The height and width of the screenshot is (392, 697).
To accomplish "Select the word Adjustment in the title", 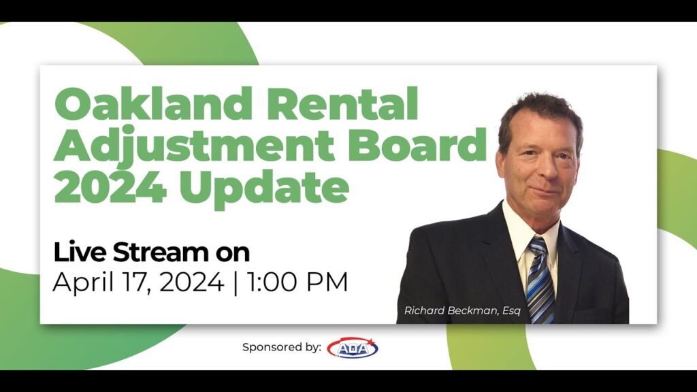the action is (x=194, y=145).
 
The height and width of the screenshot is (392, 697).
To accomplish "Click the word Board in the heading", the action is (x=418, y=144).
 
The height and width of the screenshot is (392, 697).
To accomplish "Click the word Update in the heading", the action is (x=265, y=189).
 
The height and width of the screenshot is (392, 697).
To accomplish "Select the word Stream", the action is (x=161, y=252).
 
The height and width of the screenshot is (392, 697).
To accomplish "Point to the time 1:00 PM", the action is (x=297, y=282).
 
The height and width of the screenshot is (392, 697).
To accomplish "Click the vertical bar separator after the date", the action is (x=235, y=282).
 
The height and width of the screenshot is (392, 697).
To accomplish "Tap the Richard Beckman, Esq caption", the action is (x=462, y=310).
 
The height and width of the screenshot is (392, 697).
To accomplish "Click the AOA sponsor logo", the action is (x=353, y=348).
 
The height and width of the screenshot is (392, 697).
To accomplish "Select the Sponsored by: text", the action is (x=282, y=348).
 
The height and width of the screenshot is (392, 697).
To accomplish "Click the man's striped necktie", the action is (x=540, y=280).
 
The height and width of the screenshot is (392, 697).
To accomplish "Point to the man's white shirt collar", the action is (x=529, y=231).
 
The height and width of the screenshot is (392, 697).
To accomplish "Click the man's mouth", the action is (x=545, y=190).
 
